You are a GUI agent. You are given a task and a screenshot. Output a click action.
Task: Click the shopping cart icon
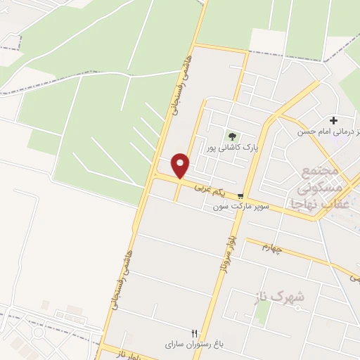241,196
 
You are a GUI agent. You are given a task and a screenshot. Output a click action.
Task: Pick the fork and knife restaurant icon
195,333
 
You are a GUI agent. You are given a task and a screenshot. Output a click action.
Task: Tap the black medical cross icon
333,121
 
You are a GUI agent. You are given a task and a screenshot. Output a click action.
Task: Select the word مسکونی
321,188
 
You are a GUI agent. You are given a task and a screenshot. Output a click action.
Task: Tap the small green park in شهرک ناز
261,312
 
